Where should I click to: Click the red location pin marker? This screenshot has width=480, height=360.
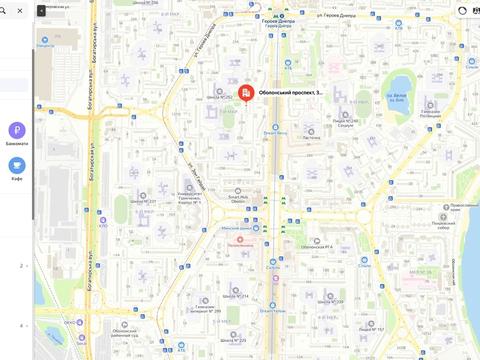click(x=246, y=92)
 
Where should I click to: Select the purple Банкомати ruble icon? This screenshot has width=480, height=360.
click(x=16, y=131)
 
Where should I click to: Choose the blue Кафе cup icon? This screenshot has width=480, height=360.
click(x=16, y=166)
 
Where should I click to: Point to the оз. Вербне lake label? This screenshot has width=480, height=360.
click(x=400, y=97)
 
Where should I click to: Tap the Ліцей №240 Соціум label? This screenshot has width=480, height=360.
click(x=345, y=124)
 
